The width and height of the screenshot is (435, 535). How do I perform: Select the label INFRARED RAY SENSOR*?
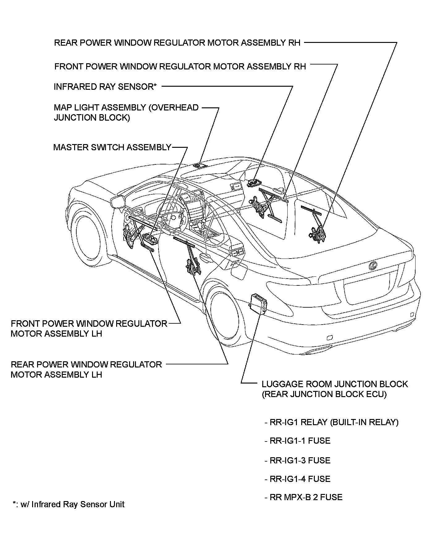tap(105, 87)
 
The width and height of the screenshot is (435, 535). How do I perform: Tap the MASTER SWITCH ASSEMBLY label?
tap(112, 147)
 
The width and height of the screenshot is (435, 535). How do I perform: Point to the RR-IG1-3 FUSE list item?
tap(298, 460)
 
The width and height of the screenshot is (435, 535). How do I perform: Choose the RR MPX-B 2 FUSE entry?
tap(304, 497)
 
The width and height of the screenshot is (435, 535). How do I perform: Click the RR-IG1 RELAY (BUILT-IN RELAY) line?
tap(332, 422)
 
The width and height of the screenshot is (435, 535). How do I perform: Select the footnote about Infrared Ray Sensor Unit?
tap(69, 504)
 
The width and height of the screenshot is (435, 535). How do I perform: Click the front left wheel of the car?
tap(90, 238)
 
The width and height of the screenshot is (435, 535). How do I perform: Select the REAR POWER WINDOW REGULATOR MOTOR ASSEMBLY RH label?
tap(177, 43)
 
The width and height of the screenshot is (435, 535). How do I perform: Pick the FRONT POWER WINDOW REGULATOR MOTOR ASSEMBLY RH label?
tap(180, 66)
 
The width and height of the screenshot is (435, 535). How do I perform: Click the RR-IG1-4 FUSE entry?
tap(298, 479)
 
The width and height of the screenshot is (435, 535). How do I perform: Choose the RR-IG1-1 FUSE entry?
tap(298, 441)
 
